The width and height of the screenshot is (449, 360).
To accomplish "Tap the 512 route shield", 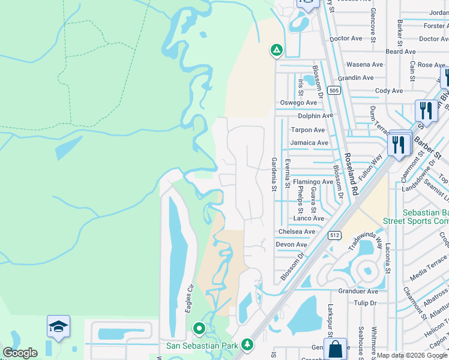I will click(335, 236).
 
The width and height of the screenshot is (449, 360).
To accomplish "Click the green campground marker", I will click(276, 51).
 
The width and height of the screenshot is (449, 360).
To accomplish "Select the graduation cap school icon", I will click(58, 326).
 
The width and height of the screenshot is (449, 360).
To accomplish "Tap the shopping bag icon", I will click(335, 348).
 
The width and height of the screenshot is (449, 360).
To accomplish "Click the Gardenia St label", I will click(274, 174).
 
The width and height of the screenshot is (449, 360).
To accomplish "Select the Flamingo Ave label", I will click(313, 182).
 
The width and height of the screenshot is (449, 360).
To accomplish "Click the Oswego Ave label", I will click(298, 103).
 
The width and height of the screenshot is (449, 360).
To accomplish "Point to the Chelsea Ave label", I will click(297, 232).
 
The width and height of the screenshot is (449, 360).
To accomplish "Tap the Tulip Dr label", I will click(365, 303).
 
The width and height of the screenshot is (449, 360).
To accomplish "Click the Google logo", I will click(20, 353).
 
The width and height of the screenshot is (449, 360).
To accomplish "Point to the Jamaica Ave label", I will click(309, 143).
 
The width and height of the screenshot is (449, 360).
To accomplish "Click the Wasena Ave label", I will click(364, 64).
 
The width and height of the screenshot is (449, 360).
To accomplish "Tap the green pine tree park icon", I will click(247, 345).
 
